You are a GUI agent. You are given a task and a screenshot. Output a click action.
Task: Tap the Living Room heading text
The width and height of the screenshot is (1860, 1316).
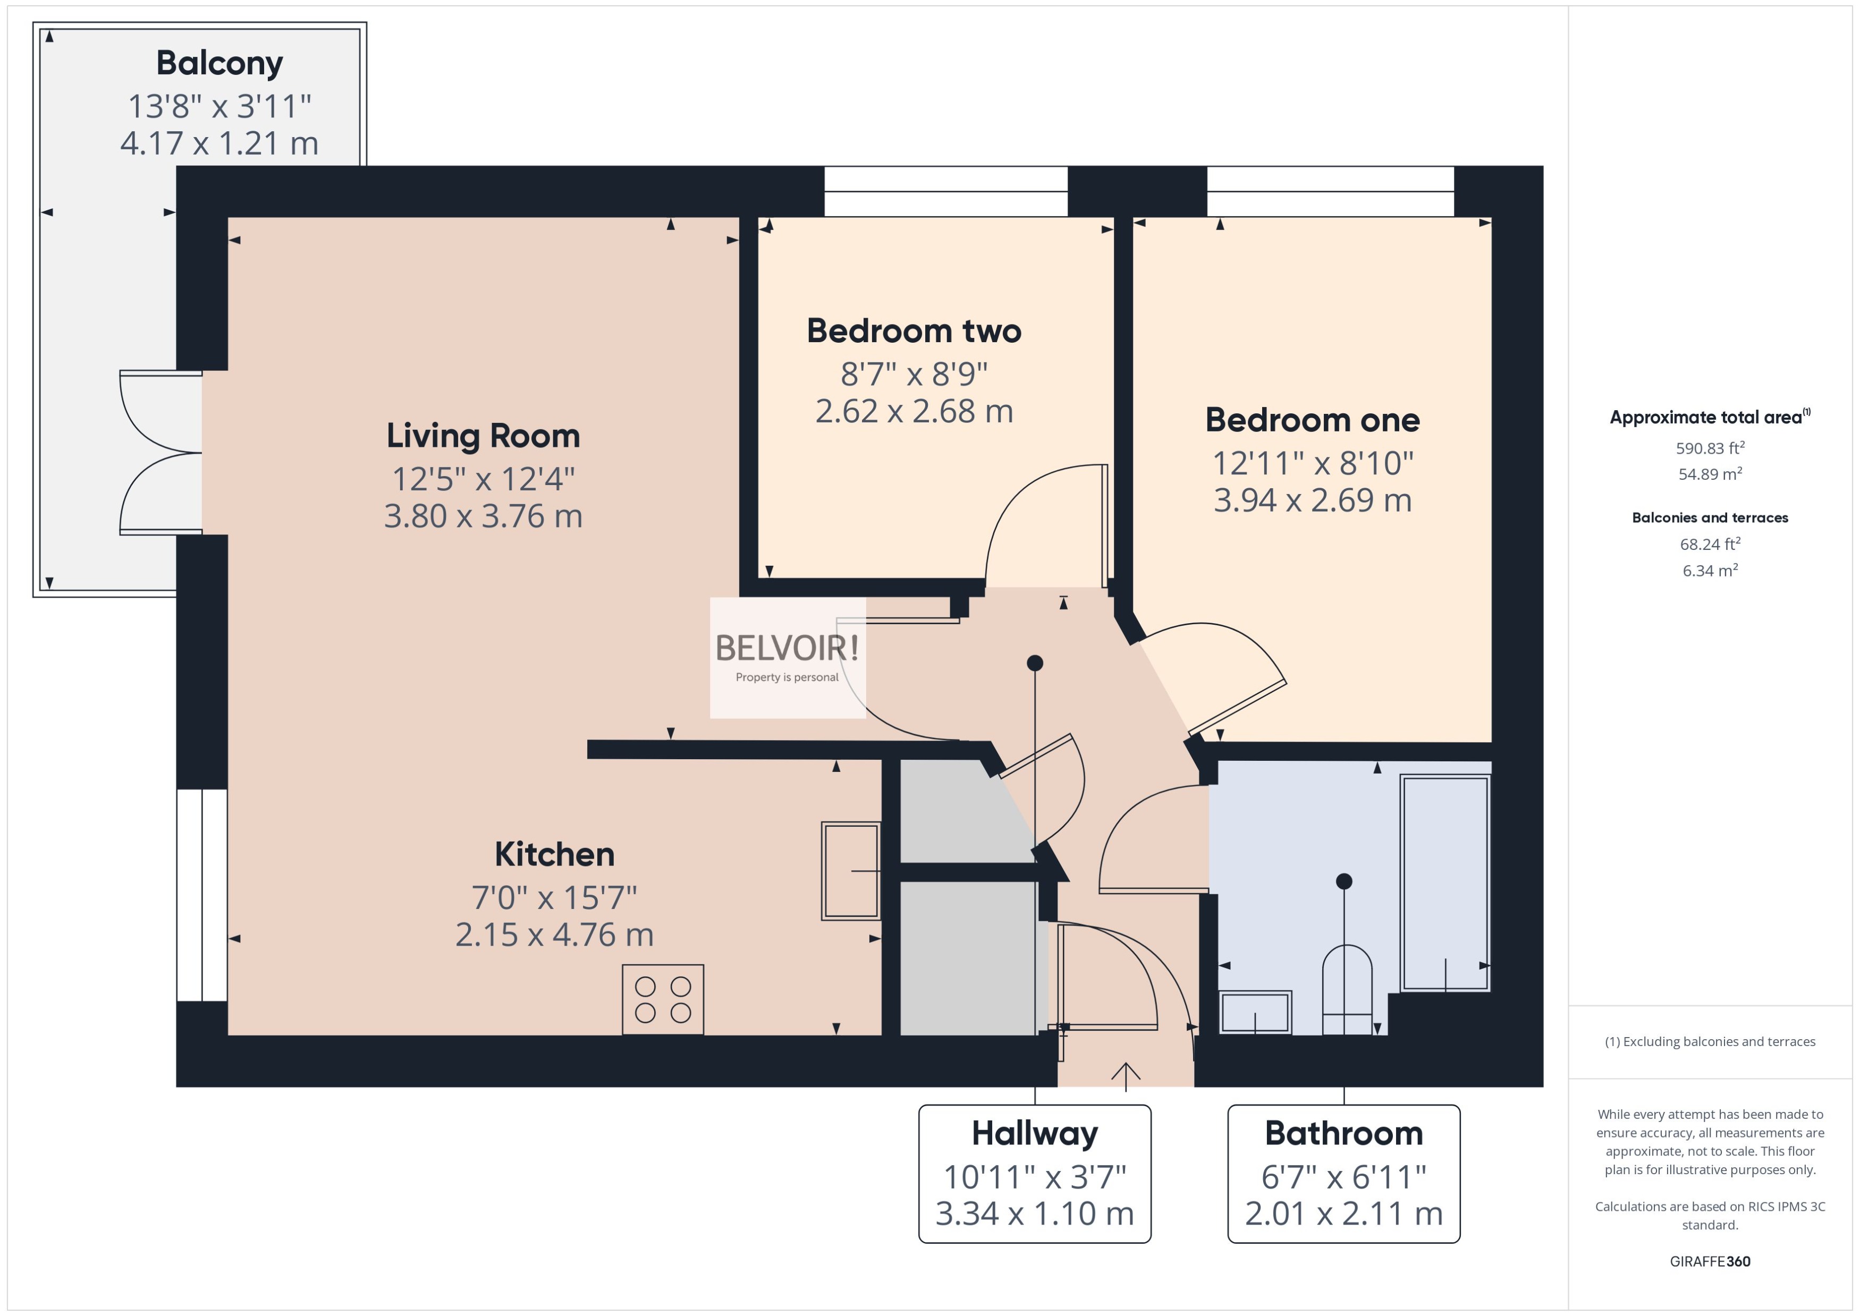pos(483,436)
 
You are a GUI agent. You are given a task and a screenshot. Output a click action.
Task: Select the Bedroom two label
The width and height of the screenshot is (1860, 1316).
pos(914,330)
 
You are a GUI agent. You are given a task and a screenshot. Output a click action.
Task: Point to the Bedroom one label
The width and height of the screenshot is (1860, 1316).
pos(1312,420)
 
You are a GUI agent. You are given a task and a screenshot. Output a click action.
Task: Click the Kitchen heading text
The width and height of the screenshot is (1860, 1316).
pos(554,854)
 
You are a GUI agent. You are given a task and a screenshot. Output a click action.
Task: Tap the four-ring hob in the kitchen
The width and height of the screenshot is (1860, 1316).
pos(662,999)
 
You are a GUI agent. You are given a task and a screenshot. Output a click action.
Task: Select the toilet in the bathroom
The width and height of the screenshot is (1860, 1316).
pos(1346,990)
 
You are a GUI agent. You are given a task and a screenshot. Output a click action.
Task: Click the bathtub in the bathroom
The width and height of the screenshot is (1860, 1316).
pos(1445,884)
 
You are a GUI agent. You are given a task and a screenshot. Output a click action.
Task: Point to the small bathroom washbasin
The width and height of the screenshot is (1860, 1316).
pos(1255,1012)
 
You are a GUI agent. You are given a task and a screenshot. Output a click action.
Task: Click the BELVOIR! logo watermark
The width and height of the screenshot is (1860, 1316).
pos(787,648)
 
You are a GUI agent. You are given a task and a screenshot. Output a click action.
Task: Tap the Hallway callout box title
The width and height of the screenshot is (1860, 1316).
pos(1034,1133)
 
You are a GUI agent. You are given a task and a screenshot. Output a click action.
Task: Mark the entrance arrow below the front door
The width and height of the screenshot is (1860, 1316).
pos(1126,1072)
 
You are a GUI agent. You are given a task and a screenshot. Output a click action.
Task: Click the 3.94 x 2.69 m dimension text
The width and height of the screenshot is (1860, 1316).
pos(1312,500)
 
